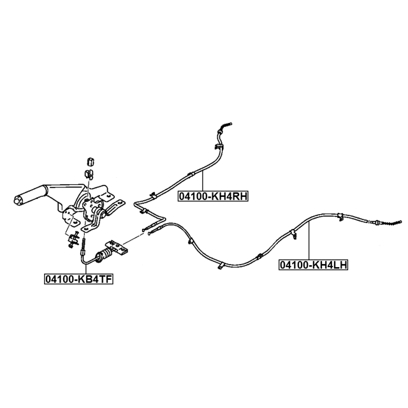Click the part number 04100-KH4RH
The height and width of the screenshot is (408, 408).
(x=212, y=196)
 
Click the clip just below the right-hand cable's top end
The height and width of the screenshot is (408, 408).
(x=218, y=147)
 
